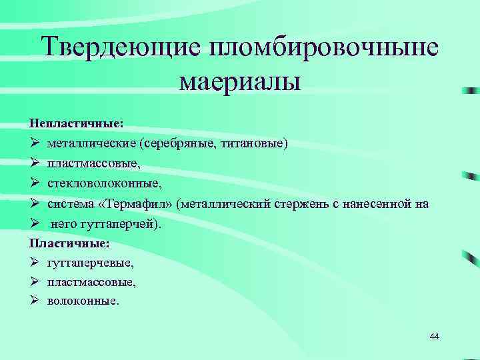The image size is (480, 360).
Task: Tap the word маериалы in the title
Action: coord(241,83)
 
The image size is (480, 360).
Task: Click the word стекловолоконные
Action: coord(105,183)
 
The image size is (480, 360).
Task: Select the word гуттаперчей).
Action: coord(124,223)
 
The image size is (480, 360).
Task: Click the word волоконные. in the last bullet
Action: coord(83,301)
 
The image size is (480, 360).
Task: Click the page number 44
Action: coord(435,336)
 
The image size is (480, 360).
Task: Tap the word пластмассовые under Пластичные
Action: coord(91,282)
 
